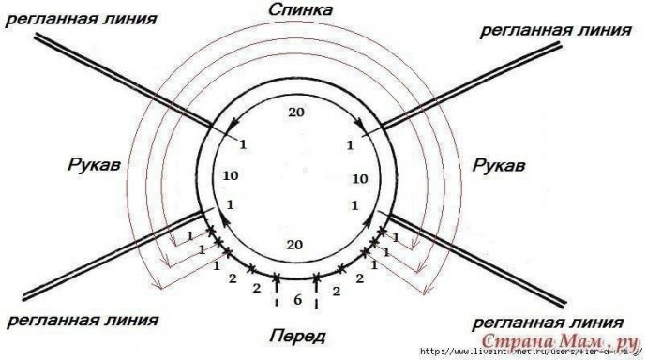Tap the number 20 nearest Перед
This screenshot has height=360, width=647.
(295, 244)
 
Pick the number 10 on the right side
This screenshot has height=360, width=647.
(357, 176)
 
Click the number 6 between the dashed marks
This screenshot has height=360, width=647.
(297, 302)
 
